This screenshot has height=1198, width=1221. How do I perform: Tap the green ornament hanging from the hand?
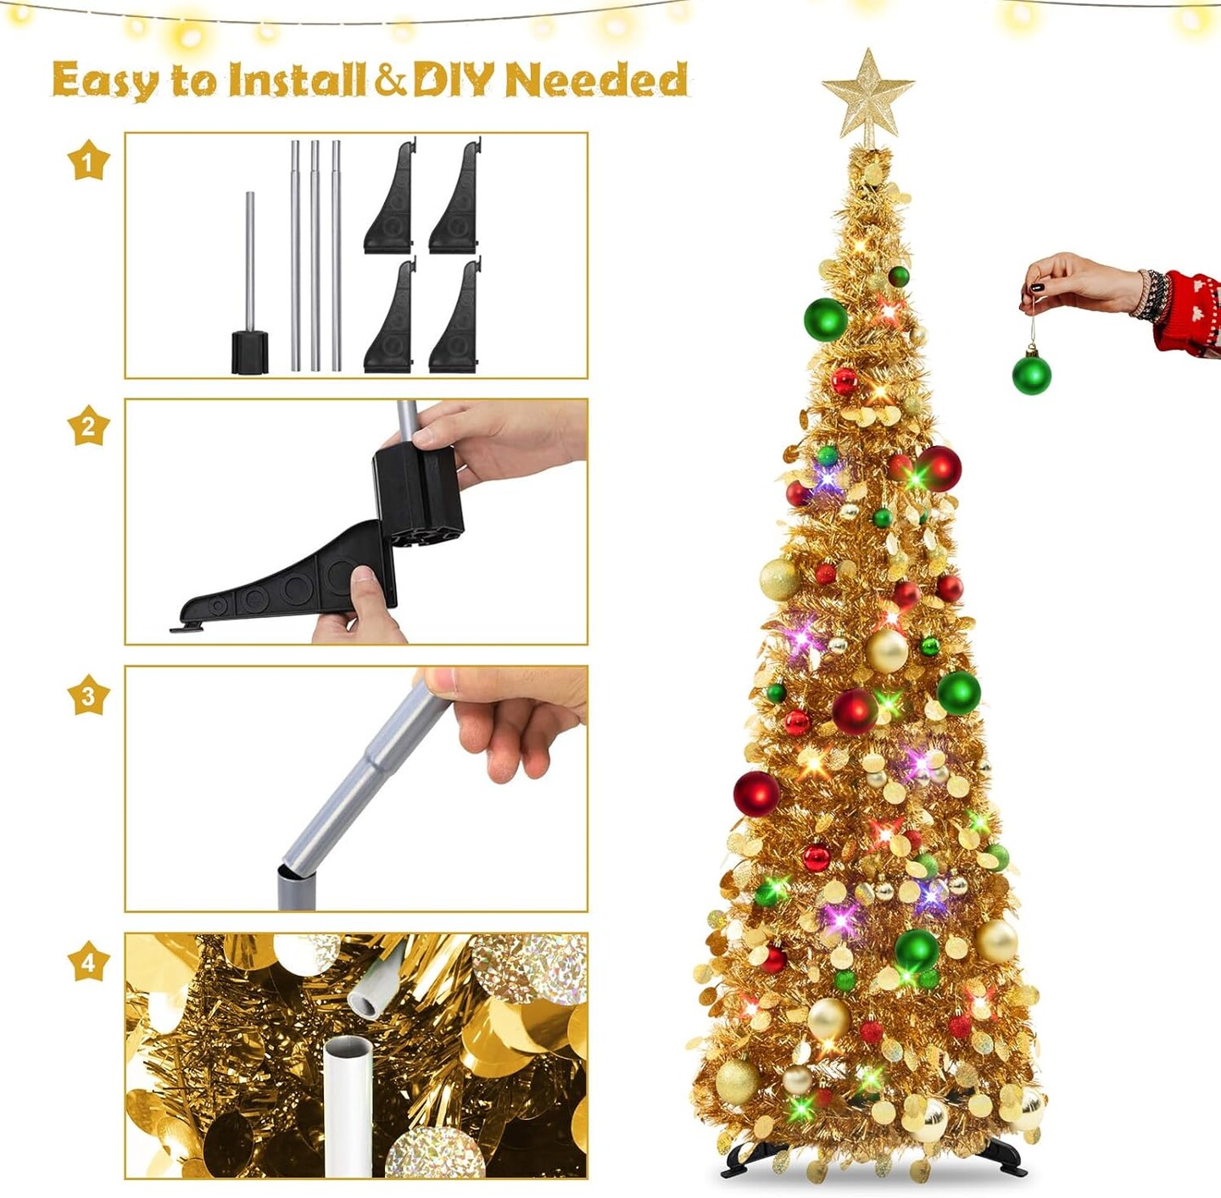tap(1032, 375)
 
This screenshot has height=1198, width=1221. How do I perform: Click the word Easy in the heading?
tap(106, 81)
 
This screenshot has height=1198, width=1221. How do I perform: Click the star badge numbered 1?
tap(89, 160)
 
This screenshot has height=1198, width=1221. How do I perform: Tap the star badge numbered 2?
tap(89, 426)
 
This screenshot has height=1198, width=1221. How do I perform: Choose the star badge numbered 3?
tap(89, 694)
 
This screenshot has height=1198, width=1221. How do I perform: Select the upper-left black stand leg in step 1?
tap(390, 198)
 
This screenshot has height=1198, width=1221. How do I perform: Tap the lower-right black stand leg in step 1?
tap(455, 317)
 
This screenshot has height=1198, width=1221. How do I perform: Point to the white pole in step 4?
tap(348, 1106)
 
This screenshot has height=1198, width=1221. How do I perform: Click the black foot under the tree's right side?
tap(1005, 1156)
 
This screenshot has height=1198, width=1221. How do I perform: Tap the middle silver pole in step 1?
tap(315, 255)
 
